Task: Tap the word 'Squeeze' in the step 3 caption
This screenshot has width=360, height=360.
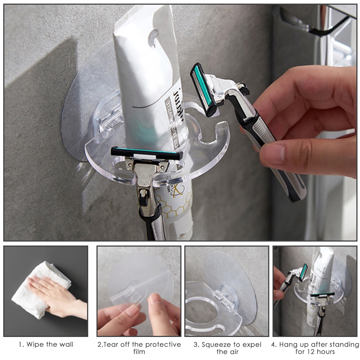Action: coord(216,345)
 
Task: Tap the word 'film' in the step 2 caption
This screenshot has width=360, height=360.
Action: coord(139,352)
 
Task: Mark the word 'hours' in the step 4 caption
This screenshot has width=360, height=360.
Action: coord(325,352)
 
